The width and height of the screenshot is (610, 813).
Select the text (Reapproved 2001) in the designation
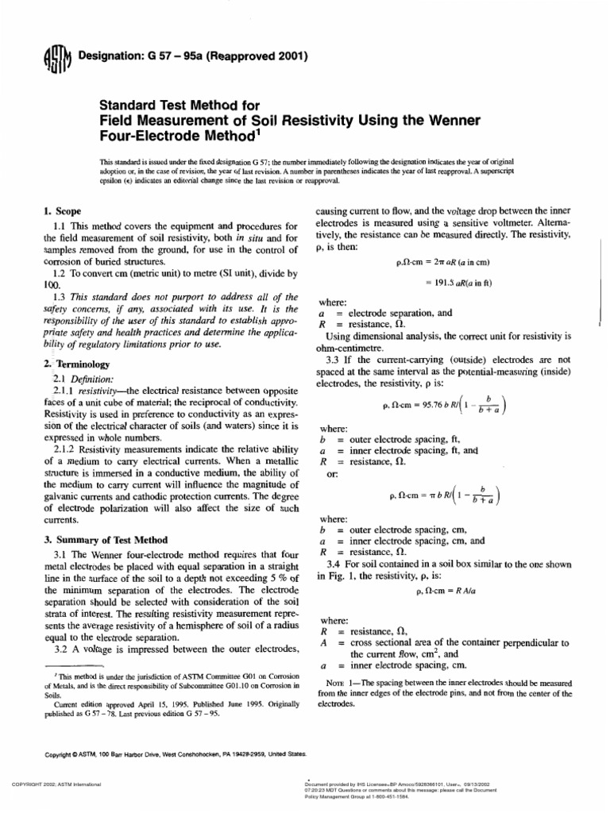(x=257, y=56)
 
